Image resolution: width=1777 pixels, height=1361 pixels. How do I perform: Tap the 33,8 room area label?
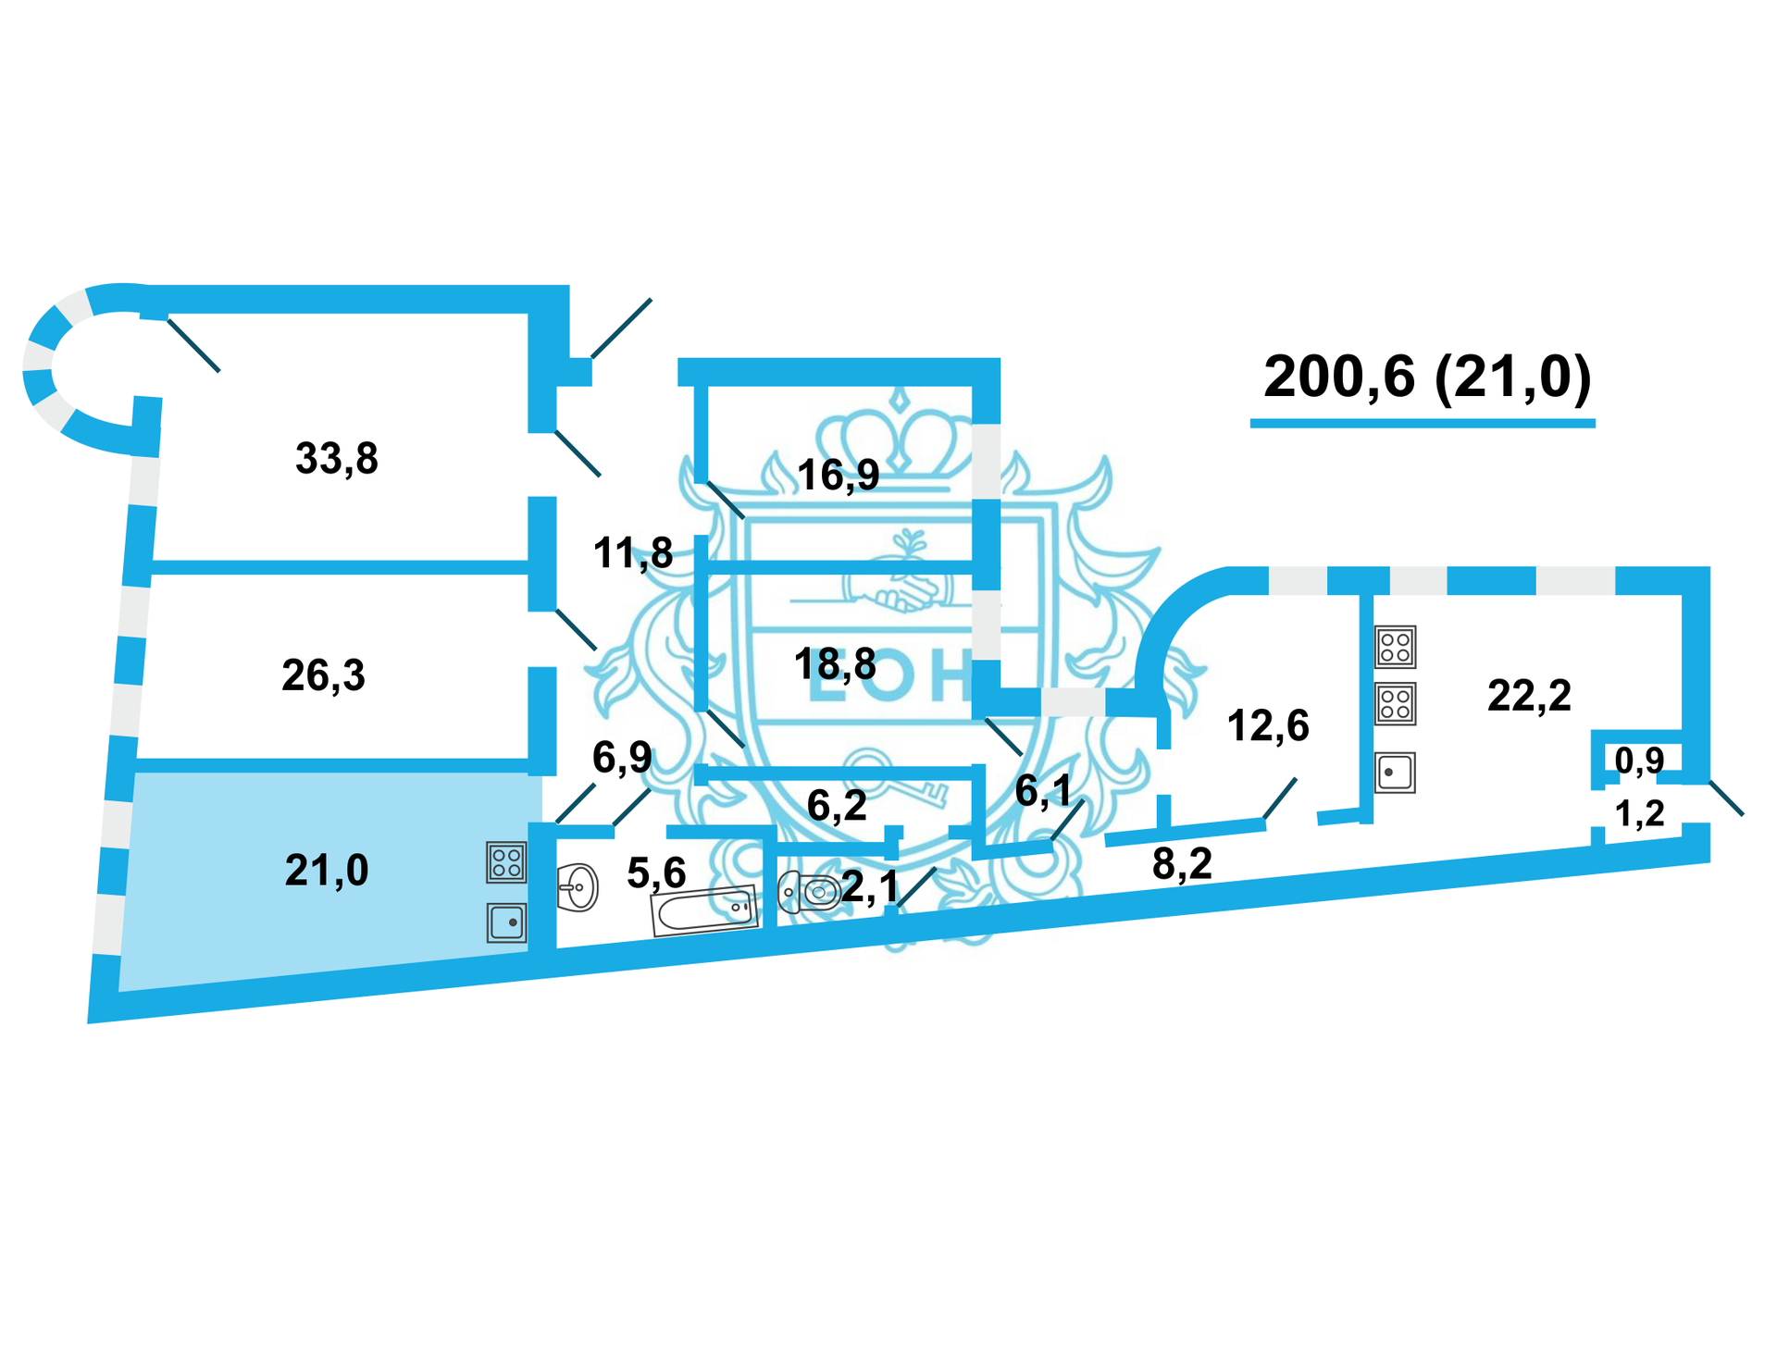[x=336, y=459]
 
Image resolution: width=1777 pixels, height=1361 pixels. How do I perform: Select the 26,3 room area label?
[x=323, y=676]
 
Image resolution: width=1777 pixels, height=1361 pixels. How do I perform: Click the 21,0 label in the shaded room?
[x=326, y=871]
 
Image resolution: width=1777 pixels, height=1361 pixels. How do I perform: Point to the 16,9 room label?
[x=838, y=476]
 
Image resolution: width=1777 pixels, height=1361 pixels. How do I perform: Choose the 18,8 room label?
[x=835, y=664]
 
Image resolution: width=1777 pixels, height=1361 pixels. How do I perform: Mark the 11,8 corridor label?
[x=633, y=553]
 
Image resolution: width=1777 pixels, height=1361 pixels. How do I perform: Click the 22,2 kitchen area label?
[x=1529, y=696]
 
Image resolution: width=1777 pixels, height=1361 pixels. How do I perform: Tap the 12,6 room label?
[x=1268, y=726]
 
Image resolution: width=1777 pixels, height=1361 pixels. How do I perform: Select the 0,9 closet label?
[x=1639, y=761]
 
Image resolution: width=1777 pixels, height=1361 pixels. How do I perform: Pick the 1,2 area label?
[x=1639, y=814]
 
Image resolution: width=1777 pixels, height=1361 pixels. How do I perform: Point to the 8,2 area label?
[x=1182, y=864]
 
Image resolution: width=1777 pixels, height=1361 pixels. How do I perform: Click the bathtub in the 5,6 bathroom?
[x=704, y=910]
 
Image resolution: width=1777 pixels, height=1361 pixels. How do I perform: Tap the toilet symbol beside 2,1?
[x=809, y=892]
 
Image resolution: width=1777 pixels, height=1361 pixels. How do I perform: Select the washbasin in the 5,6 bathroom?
[x=578, y=887]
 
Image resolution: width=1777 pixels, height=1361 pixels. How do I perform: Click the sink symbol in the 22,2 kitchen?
[x=1395, y=773]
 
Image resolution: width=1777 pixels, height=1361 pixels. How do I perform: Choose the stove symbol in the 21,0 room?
[x=506, y=862]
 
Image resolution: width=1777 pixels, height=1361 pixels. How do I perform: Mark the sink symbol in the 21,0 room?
[x=506, y=922]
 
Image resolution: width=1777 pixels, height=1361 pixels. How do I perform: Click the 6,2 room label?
[x=837, y=806]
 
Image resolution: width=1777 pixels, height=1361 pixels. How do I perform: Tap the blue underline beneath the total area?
[x=1423, y=424]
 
